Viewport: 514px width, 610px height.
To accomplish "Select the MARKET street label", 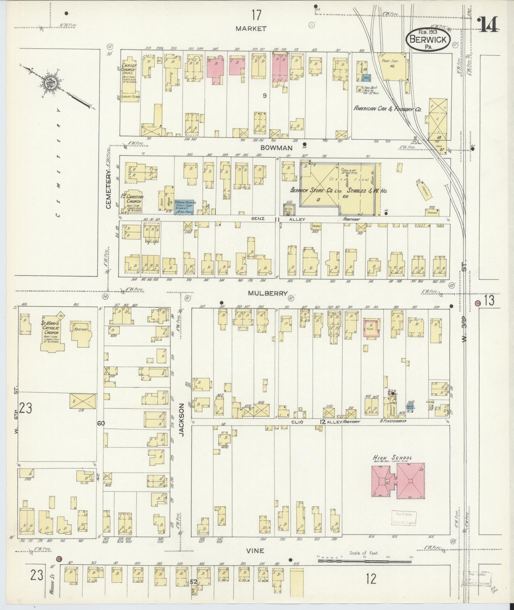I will point(251,29).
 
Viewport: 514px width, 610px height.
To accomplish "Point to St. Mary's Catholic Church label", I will point(52,328).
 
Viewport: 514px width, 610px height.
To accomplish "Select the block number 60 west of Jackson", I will point(101,423).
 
